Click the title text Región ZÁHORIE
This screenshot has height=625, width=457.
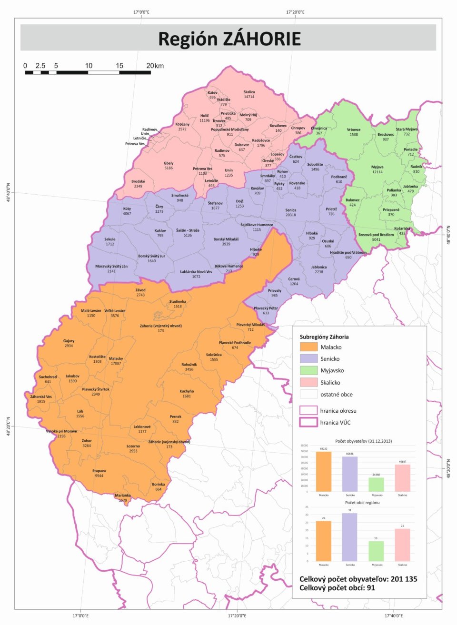229,39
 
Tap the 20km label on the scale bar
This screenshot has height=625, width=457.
155,66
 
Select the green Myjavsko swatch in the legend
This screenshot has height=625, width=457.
308,370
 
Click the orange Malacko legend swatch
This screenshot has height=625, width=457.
308,347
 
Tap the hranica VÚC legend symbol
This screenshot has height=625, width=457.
308,422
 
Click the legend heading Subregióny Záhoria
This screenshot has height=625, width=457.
324,337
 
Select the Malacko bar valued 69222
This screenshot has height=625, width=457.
324,471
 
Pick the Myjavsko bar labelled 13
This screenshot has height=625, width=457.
376,551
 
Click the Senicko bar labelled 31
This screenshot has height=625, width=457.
349,537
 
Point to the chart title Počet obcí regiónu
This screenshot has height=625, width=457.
362,503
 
